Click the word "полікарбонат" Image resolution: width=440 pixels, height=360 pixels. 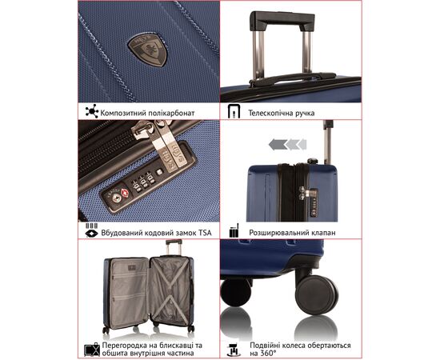171,113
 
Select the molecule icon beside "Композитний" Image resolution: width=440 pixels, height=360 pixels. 92,111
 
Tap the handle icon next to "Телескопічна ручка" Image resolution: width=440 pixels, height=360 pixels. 234,111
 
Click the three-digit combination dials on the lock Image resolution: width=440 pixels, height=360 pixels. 144,182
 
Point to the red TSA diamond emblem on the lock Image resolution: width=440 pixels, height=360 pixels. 125,193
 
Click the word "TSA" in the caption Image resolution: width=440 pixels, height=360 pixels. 205,233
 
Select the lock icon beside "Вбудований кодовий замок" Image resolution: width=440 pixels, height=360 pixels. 91,230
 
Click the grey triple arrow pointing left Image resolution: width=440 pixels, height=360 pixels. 287,145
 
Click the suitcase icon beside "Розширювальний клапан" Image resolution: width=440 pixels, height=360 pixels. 234,230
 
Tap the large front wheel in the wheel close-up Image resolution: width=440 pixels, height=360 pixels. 317,294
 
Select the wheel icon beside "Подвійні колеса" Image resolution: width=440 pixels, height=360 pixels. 234,350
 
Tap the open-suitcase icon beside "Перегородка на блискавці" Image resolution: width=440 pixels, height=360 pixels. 92,350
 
